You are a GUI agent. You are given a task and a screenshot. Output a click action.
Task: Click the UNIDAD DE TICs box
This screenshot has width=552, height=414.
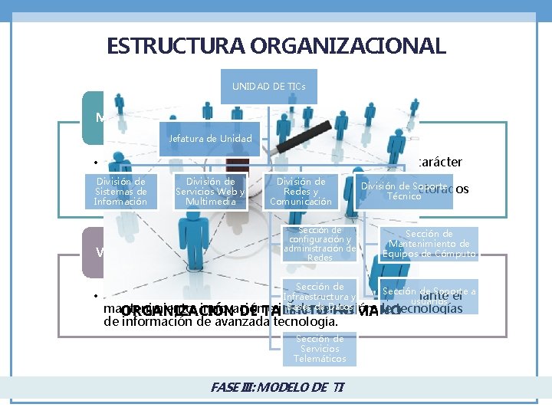point(268,87)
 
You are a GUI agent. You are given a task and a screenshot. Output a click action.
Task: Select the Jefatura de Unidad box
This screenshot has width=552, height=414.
point(209,139)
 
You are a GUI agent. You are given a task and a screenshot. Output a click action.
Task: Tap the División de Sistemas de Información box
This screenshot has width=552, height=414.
point(120,192)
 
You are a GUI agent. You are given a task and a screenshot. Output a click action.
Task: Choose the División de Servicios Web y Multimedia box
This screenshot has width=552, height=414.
point(209,192)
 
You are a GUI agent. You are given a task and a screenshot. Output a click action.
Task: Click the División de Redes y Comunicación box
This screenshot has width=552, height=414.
point(301,192)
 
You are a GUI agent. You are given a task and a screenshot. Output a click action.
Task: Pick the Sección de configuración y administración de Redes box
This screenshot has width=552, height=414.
point(320,244)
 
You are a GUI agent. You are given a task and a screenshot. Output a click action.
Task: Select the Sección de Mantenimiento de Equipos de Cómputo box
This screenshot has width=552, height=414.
point(429,244)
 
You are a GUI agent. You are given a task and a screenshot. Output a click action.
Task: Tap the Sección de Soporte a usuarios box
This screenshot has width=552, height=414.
point(429,296)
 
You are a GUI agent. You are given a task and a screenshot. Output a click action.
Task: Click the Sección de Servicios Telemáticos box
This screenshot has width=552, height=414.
point(320,348)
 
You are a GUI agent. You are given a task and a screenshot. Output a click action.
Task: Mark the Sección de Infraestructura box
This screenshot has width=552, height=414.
point(320,296)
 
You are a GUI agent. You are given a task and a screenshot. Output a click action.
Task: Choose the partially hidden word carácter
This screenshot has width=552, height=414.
point(439,162)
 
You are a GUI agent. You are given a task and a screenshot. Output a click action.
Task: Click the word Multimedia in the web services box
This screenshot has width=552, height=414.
point(209,202)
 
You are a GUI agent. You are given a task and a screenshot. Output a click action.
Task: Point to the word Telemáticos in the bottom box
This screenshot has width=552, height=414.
point(320,358)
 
